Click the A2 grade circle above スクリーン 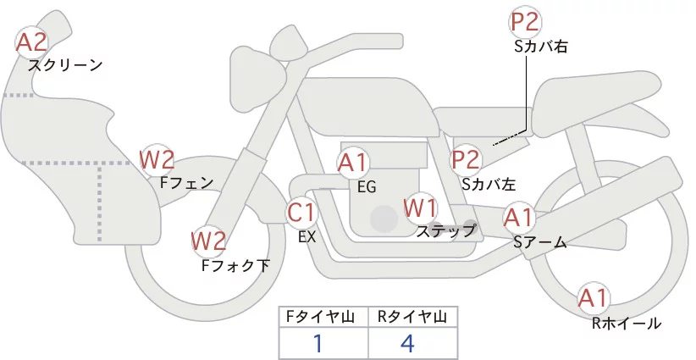coord(32,41)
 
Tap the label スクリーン coord(65,64)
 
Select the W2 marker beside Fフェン coord(157,159)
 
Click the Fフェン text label coord(186,181)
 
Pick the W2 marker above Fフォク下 coord(208,241)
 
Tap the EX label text coord(307,237)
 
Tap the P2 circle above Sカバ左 coord(466,159)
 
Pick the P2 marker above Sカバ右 coord(525,21)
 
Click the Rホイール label coord(627,323)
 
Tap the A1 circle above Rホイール coord(593,298)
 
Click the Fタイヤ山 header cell coord(324,317)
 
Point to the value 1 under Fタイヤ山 coord(319,343)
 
